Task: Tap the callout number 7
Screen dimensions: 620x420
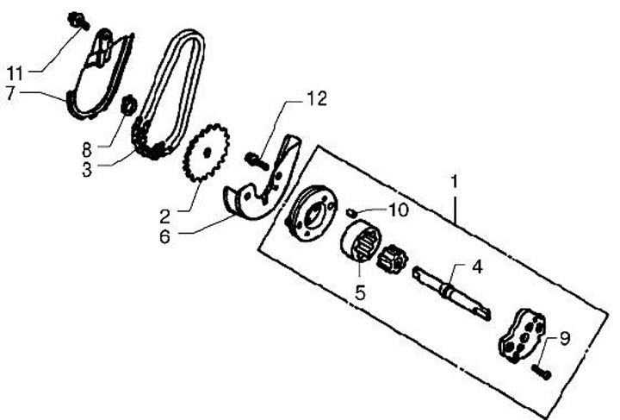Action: tap(11, 94)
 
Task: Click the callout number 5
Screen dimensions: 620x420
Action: tap(360, 291)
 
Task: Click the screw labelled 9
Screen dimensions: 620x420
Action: tap(541, 373)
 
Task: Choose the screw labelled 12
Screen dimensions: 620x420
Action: tap(252, 159)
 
